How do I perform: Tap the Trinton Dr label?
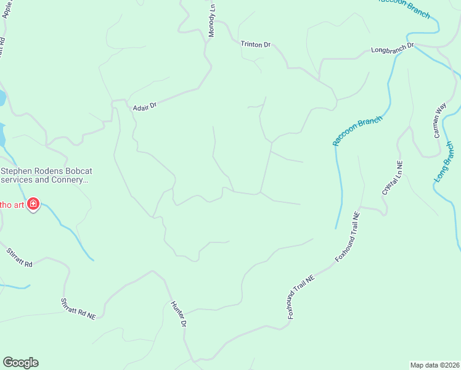[x=255, y=44]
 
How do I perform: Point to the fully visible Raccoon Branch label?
[x=357, y=131]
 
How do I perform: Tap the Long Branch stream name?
[x=445, y=162]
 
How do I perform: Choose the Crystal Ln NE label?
[x=392, y=178]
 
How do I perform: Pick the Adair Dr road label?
[x=145, y=106]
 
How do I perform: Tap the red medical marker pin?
[x=33, y=203]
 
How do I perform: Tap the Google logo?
[x=20, y=363]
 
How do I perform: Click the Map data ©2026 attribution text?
[x=434, y=364]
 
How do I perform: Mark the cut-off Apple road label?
[x=7, y=9]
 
